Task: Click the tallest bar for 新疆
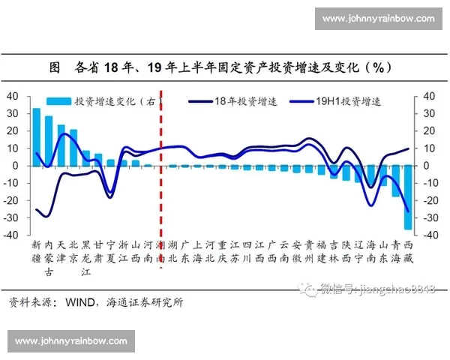click(x=36, y=136)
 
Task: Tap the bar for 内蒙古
click(x=49, y=140)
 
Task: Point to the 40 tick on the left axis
click(x=12, y=96)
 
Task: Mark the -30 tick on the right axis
click(x=429, y=217)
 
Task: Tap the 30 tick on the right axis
click(x=427, y=113)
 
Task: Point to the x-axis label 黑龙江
click(x=85, y=258)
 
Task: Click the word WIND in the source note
click(x=77, y=302)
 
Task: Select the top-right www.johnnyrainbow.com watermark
click(x=378, y=18)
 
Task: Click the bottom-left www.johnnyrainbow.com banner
click(x=71, y=341)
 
